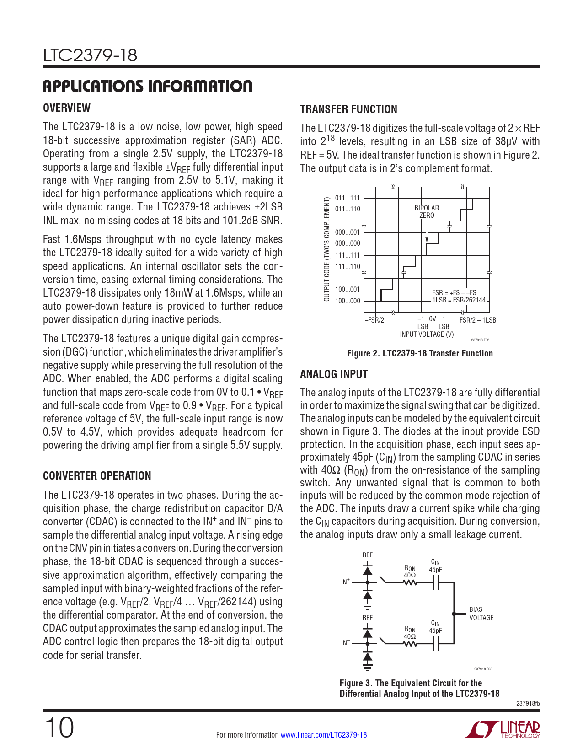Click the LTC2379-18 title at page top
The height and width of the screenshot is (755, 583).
90,56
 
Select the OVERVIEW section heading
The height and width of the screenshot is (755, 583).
67,108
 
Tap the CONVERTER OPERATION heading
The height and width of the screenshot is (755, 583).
97,476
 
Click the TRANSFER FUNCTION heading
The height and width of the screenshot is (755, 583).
348,109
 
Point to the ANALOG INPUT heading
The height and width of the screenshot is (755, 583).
334,374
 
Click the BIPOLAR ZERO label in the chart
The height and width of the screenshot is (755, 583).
427,211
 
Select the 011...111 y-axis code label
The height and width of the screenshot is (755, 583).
348,198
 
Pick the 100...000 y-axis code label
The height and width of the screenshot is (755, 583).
348,301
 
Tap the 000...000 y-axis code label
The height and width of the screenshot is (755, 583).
348,243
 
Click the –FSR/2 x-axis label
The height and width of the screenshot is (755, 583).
374,320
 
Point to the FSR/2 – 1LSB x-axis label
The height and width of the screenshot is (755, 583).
477,320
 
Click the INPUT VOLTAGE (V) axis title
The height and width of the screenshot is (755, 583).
427,334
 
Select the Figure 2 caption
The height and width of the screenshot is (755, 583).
420,353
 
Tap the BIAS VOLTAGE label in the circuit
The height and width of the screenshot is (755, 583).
481,614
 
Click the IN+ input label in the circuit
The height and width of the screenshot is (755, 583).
345,582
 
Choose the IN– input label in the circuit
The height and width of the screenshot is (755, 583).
345,643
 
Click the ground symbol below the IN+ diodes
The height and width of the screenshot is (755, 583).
367,607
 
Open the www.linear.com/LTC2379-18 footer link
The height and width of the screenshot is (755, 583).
323,735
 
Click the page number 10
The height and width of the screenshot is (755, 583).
59,728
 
